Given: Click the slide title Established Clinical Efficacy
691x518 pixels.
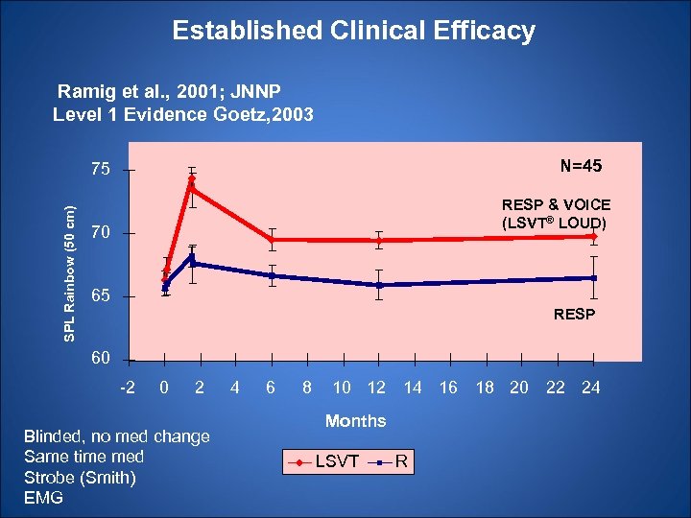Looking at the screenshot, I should (x=353, y=31).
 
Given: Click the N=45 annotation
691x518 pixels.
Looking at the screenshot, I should (x=581, y=166).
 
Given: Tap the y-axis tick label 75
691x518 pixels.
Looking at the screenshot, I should (x=101, y=170).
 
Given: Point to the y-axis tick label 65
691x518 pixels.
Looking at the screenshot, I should (x=101, y=296).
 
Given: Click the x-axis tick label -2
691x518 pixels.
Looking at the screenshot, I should (x=128, y=387).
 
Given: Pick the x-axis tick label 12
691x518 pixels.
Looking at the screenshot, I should (x=376, y=387).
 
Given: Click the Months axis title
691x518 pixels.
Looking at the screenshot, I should (x=355, y=420).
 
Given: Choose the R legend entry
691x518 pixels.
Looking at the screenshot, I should (x=403, y=462).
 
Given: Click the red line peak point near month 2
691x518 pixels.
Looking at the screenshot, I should (x=192, y=179).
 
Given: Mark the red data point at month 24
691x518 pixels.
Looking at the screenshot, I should (x=595, y=236).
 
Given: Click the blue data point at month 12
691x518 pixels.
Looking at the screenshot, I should (x=379, y=285).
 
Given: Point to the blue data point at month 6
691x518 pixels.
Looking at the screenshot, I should (x=273, y=275).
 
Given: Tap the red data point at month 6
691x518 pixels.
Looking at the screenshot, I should (x=273, y=239).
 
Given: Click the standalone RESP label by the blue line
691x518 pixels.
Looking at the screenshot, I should (x=574, y=314).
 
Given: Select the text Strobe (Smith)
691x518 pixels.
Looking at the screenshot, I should (x=80, y=477).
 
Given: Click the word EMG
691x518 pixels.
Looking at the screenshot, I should (x=42, y=497).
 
